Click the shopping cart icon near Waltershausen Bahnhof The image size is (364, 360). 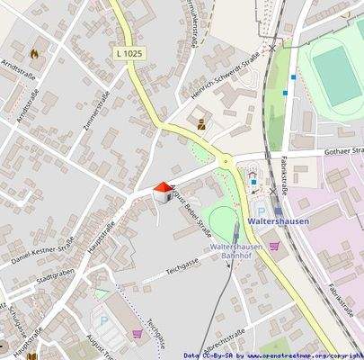(x=275, y=243)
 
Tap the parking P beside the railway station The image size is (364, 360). (x=249, y=189)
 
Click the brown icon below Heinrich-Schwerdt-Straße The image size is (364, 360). (x=202, y=123)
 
